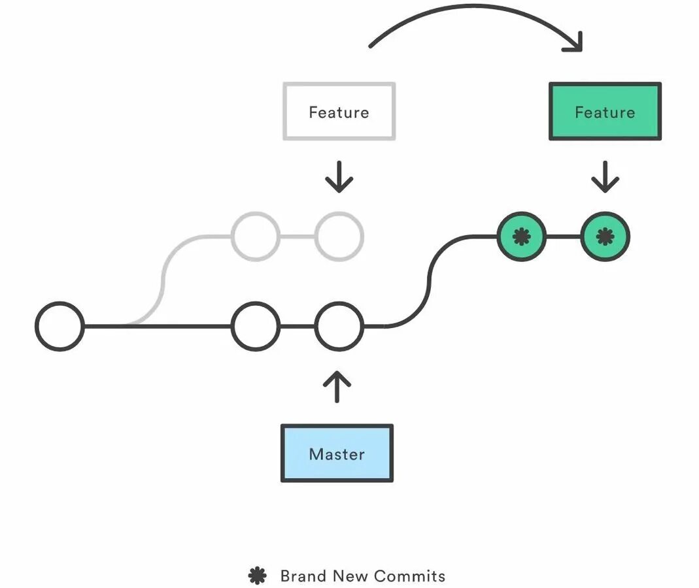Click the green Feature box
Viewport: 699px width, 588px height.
(605, 111)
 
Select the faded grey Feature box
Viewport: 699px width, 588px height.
(339, 111)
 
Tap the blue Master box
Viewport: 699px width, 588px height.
(337, 453)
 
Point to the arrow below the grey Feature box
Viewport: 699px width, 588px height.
(339, 177)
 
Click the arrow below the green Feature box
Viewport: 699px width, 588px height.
(605, 177)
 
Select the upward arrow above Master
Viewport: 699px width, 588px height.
(337, 387)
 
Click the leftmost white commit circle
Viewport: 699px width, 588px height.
(60, 327)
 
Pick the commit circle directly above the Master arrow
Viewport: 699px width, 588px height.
(339, 327)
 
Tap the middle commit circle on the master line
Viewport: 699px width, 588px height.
(256, 327)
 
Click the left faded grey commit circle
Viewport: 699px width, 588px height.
(256, 236)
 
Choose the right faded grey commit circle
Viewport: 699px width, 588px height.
(339, 236)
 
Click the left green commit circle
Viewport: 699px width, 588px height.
(522, 236)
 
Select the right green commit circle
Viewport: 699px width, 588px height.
(605, 236)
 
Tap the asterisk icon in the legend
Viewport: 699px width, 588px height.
(257, 576)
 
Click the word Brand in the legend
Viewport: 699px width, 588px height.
(303, 576)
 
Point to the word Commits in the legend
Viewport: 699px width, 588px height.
(410, 576)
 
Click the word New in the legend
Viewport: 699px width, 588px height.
(350, 576)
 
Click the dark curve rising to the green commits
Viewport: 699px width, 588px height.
(429, 282)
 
